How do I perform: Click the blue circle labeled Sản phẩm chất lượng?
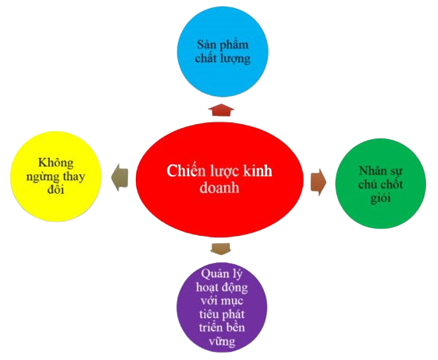coord(223,52)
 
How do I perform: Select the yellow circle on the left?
coord(56,176)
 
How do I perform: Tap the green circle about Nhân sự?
coord(381,184)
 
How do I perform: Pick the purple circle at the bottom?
coord(222,308)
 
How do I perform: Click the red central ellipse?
coord(219,180)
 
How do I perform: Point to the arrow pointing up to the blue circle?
coord(221,110)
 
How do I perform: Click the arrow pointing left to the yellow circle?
coord(120,177)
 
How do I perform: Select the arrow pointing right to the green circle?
coord(319,182)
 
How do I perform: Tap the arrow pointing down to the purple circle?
coord(221,249)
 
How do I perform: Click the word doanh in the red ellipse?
coord(219,188)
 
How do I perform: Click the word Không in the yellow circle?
coord(56,163)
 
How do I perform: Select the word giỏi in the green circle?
coord(381,199)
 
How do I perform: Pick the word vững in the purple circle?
coord(222,341)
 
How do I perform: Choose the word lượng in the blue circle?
coord(235,59)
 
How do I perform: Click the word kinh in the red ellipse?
coord(258,170)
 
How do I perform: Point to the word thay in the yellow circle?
coord(74,176)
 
